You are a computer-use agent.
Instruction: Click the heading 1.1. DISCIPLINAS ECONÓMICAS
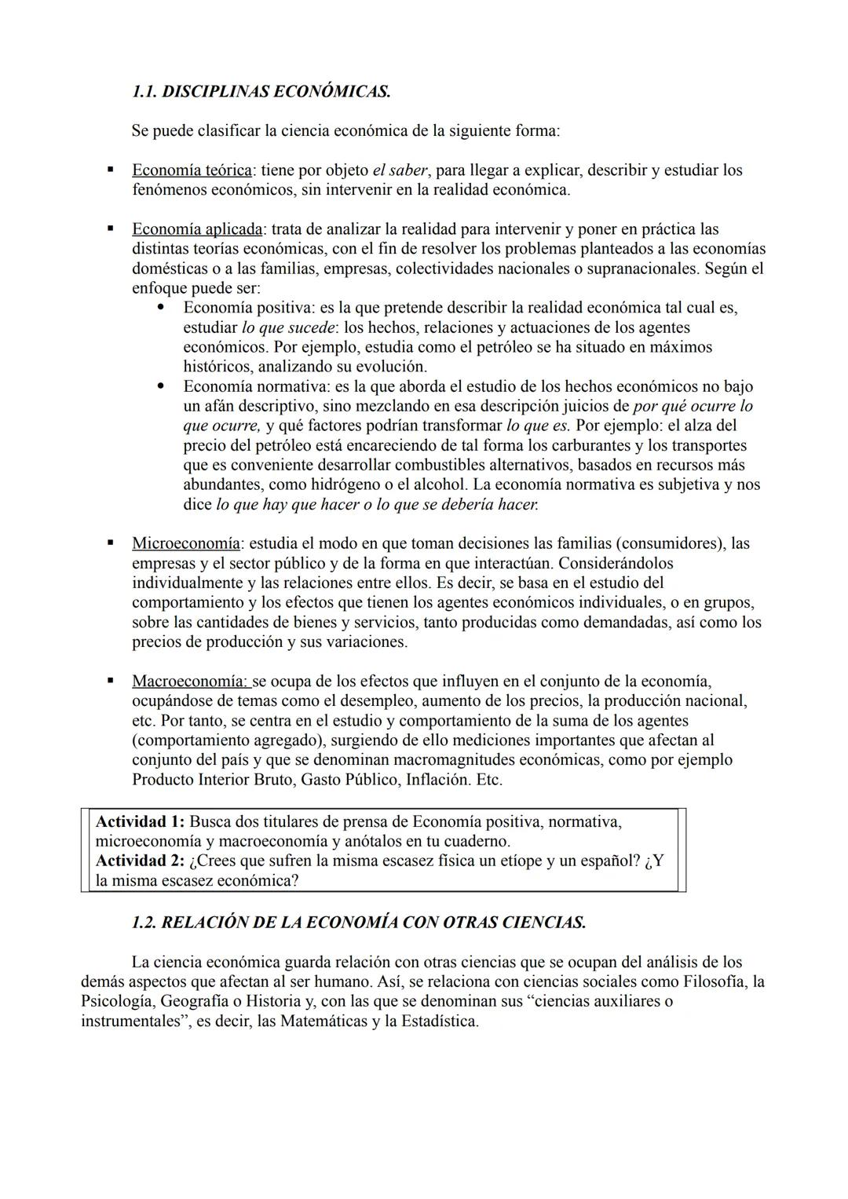pyautogui.click(x=261, y=91)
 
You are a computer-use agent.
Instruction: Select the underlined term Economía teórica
pyautogui.click(x=192, y=170)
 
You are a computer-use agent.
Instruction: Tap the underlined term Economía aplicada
pyautogui.click(x=197, y=229)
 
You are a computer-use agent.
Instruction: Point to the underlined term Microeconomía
pyautogui.click(x=185, y=543)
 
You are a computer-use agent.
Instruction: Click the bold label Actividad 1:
pyautogui.click(x=140, y=822)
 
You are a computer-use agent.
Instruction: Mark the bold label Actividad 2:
pyautogui.click(x=140, y=861)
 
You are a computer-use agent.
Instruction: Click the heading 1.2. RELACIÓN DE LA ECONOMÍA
pyautogui.click(x=358, y=923)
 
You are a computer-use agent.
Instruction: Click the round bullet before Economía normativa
pyautogui.click(x=161, y=386)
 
